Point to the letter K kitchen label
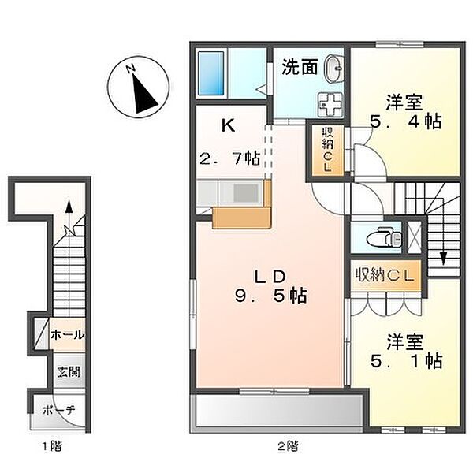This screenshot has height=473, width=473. pyautogui.click(x=227, y=125)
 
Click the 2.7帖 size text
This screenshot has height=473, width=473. pyautogui.click(x=229, y=158)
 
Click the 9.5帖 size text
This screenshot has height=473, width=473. pyautogui.click(x=269, y=298)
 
